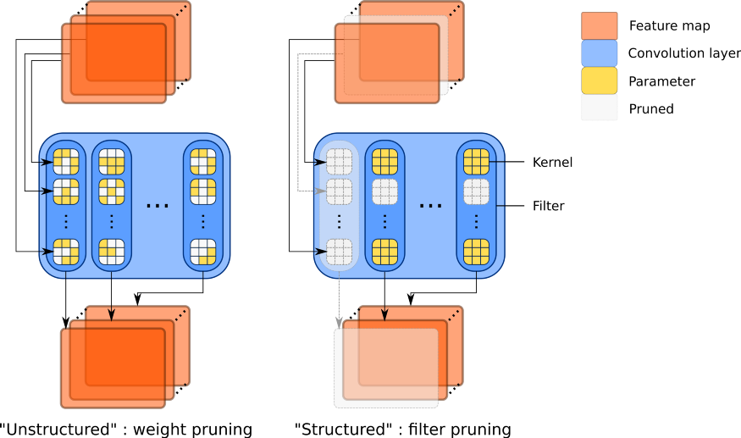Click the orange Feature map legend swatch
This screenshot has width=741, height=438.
[x=600, y=25]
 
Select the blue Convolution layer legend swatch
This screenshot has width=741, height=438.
[x=600, y=53]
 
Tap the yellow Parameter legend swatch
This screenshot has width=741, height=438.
[x=600, y=80]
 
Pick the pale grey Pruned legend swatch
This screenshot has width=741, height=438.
[x=600, y=108]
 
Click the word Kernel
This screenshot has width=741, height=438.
[x=552, y=163]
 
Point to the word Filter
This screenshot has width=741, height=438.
[x=548, y=206]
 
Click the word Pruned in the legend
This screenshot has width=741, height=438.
[x=651, y=108]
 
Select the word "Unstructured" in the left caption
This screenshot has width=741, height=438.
[x=58, y=429]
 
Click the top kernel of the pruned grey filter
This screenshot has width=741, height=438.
[x=340, y=162]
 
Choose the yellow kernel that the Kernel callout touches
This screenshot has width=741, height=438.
[x=476, y=162]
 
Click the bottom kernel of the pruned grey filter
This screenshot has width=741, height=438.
[x=340, y=252]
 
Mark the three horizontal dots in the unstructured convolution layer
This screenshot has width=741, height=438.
[x=158, y=206]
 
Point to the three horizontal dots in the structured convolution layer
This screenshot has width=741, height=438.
[x=431, y=206]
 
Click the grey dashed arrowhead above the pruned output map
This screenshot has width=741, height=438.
[x=339, y=323]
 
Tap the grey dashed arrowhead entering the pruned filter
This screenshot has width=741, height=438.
[x=321, y=191]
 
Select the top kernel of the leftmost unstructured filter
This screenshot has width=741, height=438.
[x=66, y=162]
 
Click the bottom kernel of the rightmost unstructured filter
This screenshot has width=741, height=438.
[x=203, y=252]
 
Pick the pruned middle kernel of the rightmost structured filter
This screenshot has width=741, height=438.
[x=476, y=191]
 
